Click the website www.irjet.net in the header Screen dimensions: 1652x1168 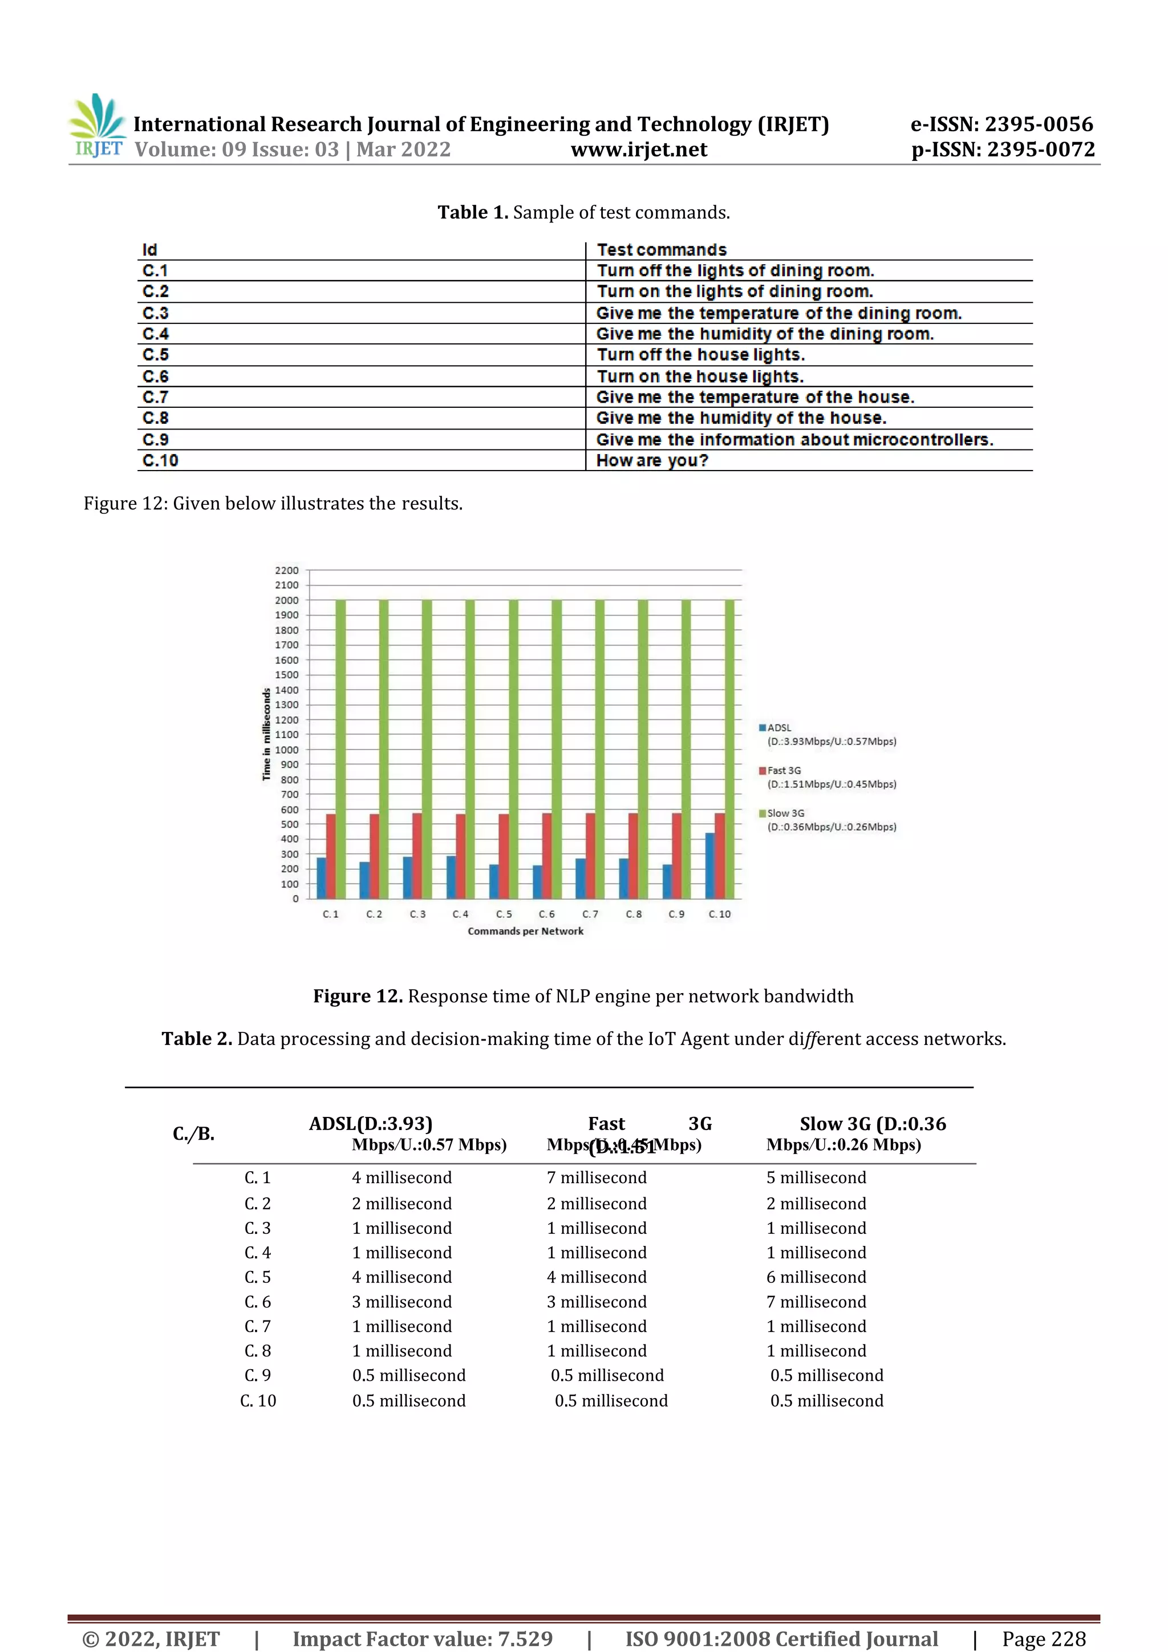[x=639, y=149]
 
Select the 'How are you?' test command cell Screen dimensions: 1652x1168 [x=652, y=460]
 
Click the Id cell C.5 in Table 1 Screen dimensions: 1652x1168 [x=155, y=355]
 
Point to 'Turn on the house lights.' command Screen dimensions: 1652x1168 [x=699, y=376]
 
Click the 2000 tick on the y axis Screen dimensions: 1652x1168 [x=286, y=600]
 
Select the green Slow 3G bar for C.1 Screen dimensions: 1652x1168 [x=340, y=748]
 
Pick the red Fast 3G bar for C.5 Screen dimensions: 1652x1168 [x=504, y=856]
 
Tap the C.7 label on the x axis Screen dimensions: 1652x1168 [x=590, y=914]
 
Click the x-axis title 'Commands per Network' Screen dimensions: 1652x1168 [x=525, y=931]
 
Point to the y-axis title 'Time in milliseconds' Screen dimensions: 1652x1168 [x=266, y=734]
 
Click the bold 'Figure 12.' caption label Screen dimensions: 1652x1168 [x=358, y=996]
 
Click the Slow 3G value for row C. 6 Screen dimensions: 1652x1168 [x=816, y=1302]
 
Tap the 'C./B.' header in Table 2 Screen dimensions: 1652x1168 [x=193, y=1134]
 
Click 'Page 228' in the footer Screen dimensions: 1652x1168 [x=1044, y=1638]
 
